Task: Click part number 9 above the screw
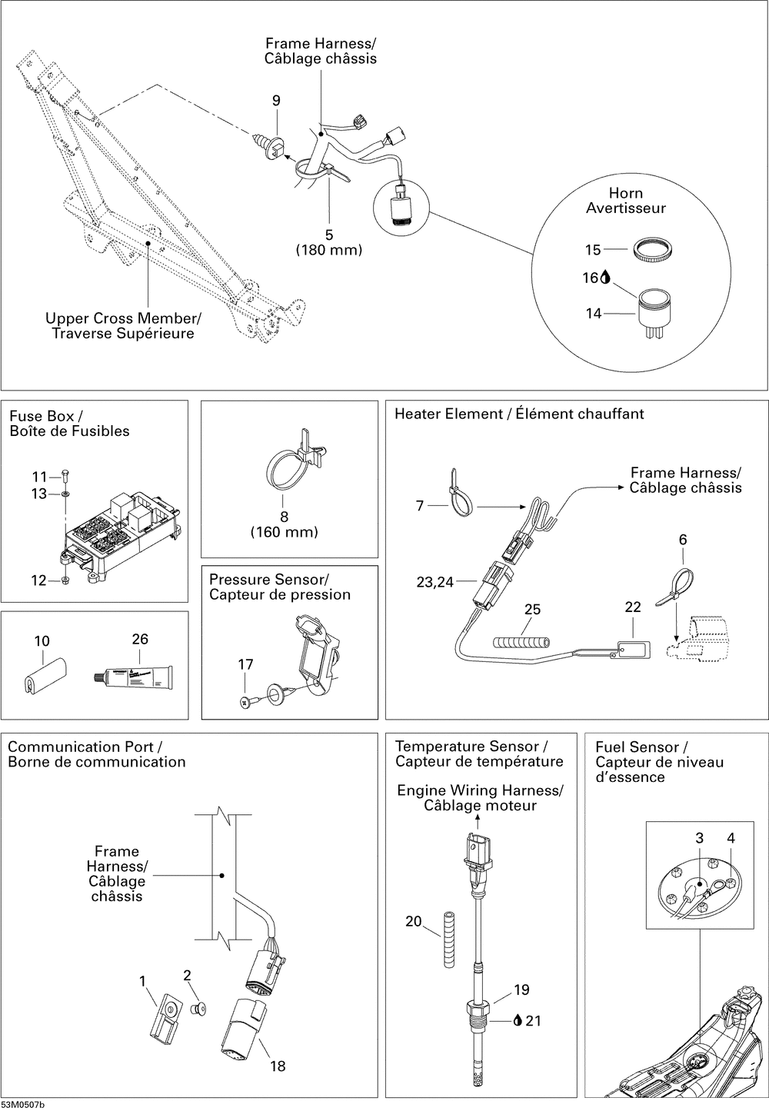[x=276, y=101]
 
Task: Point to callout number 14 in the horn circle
[x=593, y=314]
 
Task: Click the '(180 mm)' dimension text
[x=329, y=250]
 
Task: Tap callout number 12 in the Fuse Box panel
[x=38, y=580]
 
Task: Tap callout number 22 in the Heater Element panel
[x=632, y=607]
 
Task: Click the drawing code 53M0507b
[x=23, y=1105]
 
